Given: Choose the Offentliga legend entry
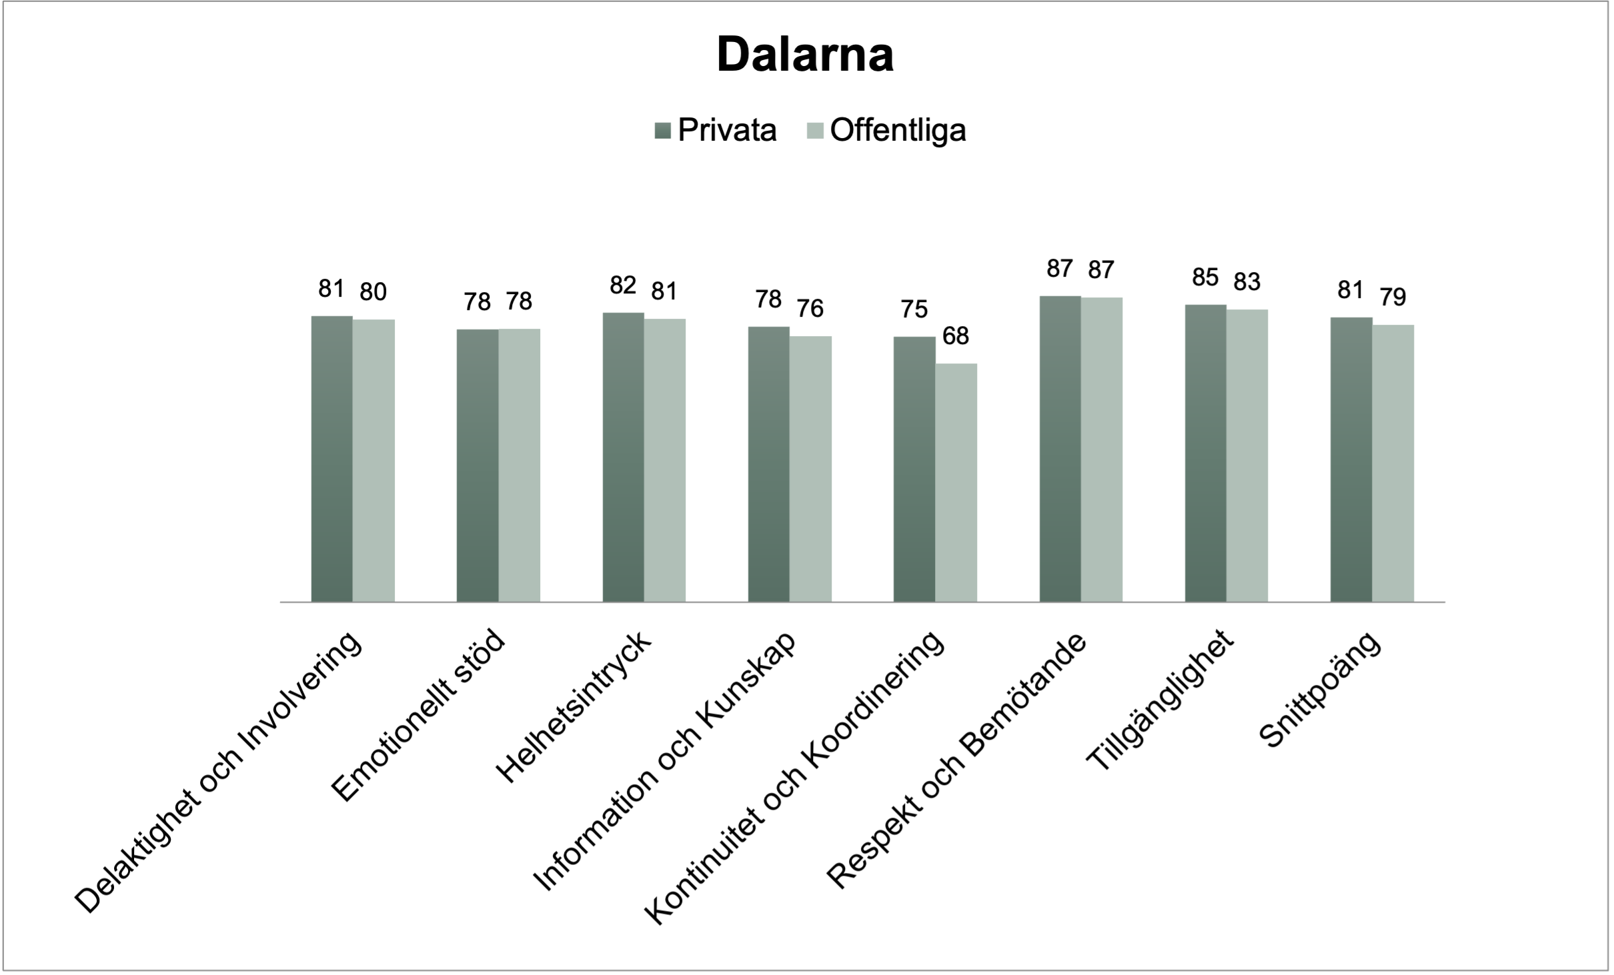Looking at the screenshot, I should tap(886, 131).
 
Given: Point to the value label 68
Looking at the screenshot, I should tap(955, 336).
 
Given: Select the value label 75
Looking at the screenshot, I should tap(914, 309).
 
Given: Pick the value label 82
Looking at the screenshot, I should tap(623, 285).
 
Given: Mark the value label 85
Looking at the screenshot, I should tap(1205, 277).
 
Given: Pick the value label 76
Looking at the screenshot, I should tap(810, 308).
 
